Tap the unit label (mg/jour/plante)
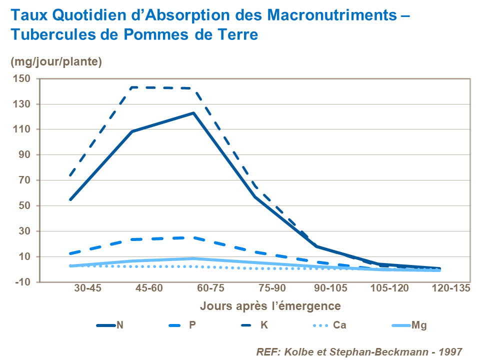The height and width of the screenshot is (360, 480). [56, 62]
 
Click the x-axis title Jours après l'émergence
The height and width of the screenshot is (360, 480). [270, 305]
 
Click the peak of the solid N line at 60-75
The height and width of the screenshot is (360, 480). [193, 113]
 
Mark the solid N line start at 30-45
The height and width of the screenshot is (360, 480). [70, 199]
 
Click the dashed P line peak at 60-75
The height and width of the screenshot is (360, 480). [193, 237]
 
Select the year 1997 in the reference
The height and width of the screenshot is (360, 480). [451, 351]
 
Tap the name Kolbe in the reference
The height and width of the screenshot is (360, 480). [298, 351]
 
